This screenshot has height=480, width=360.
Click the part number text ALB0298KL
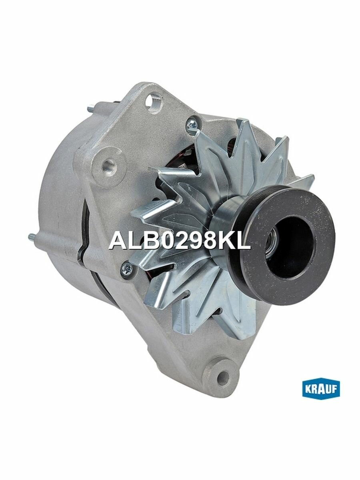click(180, 240)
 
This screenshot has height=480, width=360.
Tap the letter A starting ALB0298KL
click(116, 240)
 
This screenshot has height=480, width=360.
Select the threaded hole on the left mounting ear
click(108, 164)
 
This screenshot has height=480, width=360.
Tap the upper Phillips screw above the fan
click(192, 125)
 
